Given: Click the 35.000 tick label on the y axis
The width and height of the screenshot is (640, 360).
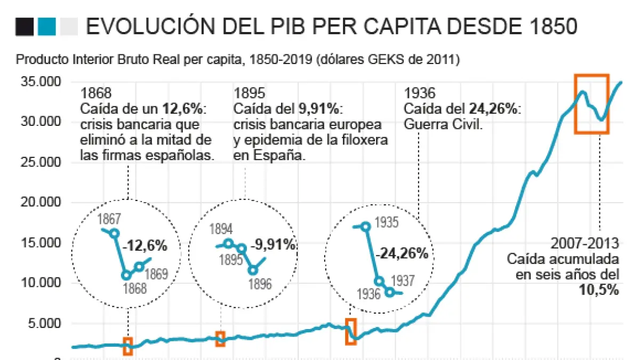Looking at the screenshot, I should tap(41, 82).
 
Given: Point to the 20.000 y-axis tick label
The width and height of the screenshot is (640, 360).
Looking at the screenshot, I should tap(41, 203).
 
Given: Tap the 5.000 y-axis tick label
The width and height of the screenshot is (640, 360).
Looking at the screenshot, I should tap(45, 323).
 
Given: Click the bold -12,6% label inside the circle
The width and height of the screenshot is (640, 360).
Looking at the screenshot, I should tap(145, 246).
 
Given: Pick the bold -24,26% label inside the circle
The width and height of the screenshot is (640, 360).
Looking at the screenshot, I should tap(402, 253).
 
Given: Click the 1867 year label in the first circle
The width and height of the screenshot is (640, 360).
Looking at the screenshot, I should tap(109, 219).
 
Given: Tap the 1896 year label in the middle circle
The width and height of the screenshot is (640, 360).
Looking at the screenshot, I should tap(261, 284).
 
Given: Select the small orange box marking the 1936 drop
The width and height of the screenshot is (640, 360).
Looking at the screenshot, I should tap(350, 332).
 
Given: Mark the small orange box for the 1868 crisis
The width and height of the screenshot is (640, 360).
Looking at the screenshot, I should tap(128, 346).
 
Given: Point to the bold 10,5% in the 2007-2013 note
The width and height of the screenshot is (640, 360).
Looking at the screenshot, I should tap(599, 290).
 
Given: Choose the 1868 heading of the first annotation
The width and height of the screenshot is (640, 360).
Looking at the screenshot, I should tap(94, 93).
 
